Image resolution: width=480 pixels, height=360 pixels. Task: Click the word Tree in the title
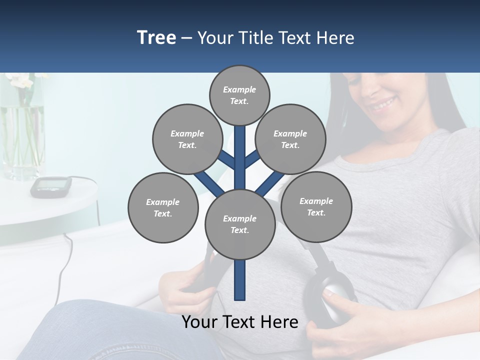click(156, 38)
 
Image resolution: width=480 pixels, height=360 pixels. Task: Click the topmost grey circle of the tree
click(239, 95)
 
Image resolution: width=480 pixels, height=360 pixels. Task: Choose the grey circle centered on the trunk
click(240, 224)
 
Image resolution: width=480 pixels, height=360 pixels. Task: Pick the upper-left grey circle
click(187, 139)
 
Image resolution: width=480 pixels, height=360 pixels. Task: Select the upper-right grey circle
click(290, 139)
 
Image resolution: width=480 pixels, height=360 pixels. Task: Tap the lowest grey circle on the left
click(163, 207)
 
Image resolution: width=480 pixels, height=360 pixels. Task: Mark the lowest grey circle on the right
click(316, 206)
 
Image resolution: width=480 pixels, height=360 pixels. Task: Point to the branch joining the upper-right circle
click(252, 159)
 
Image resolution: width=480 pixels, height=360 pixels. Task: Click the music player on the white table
click(50, 186)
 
